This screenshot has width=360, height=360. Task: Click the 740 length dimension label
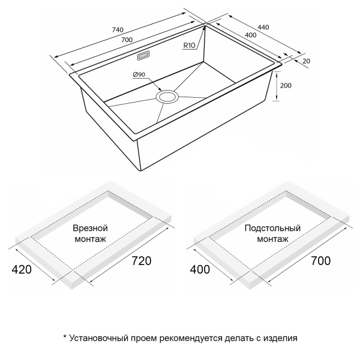tap(118, 30)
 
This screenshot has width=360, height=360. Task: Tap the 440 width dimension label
tap(263, 28)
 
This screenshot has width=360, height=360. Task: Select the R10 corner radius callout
tap(190, 46)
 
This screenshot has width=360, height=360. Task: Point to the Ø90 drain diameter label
tap(139, 74)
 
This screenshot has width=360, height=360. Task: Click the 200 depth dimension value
tap(286, 86)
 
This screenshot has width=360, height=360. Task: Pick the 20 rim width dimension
tap(306, 61)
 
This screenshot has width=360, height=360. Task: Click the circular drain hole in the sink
tap(167, 97)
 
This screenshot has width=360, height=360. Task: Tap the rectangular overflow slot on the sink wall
tap(144, 56)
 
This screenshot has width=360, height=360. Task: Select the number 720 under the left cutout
tap(142, 261)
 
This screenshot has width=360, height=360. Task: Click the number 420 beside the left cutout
tap(22, 269)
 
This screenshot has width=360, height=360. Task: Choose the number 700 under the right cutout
tap(321, 261)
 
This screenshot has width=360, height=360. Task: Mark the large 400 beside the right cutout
tap(200, 269)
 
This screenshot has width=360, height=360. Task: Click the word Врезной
tap(90, 228)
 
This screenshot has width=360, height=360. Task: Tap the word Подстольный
tap(272, 228)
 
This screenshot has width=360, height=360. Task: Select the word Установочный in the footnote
tap(98, 338)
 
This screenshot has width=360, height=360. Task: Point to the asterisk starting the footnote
tap(65, 337)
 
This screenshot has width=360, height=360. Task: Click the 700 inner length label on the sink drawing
tap(127, 40)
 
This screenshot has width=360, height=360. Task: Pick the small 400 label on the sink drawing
tap(251, 35)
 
